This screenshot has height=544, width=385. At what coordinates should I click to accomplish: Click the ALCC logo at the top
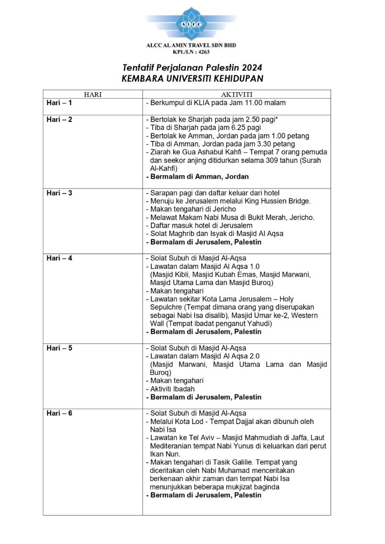[x=192, y=23]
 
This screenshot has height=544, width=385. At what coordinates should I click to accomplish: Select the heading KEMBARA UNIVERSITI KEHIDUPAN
[x=192, y=78]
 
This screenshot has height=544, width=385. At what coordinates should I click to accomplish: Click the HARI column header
[x=93, y=95]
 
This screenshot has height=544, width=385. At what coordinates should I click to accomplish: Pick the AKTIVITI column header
[x=236, y=95]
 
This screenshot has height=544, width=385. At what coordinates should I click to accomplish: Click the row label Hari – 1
[x=59, y=103]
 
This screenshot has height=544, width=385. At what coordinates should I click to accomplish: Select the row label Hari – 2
[x=59, y=119]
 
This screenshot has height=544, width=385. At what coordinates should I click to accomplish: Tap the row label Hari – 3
[x=59, y=193]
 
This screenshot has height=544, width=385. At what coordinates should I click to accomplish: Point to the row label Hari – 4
[x=59, y=258]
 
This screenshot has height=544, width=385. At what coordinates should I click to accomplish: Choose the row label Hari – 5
[x=59, y=348]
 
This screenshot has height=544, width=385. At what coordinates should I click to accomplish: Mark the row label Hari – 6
[x=59, y=413]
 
